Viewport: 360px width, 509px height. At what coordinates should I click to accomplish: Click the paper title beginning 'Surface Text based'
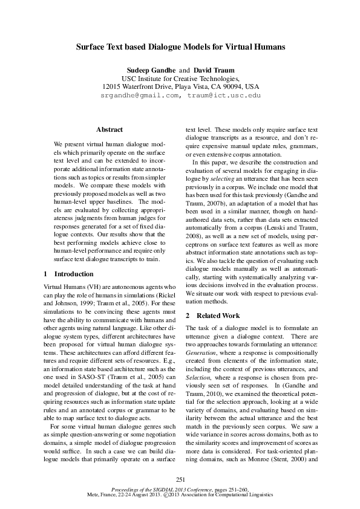180,46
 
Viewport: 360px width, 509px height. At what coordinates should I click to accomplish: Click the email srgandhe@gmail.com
140,96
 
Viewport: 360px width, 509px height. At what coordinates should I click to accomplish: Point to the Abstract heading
110,129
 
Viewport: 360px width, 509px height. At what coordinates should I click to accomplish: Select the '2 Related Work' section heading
212,316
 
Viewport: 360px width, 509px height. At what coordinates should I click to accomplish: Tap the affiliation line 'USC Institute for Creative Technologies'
180,79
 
